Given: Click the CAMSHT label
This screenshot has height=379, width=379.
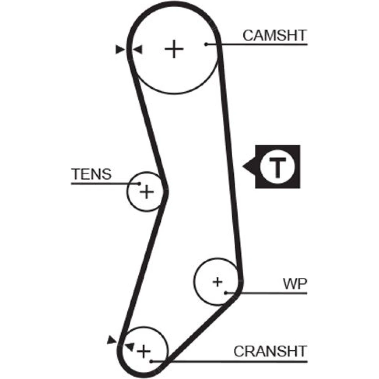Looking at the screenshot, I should (x=274, y=35).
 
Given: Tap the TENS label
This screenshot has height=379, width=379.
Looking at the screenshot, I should (x=92, y=174).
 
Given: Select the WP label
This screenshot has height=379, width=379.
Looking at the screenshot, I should (x=294, y=283).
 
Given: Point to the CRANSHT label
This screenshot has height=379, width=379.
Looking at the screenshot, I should (x=269, y=351).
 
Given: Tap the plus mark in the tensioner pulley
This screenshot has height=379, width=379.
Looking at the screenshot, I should (x=146, y=192).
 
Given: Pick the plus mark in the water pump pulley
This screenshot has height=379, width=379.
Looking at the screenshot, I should (x=217, y=282).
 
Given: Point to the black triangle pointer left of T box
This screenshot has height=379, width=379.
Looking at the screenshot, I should (x=248, y=166).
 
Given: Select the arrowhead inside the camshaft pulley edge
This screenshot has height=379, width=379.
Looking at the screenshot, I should (x=138, y=49).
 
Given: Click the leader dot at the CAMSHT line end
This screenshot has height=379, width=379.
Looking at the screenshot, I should (x=207, y=44).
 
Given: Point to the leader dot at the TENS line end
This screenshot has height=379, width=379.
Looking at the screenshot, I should (x=139, y=184).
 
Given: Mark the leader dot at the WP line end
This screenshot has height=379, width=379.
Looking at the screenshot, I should (x=226, y=293).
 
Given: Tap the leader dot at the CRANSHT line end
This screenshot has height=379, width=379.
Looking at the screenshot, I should (x=151, y=361).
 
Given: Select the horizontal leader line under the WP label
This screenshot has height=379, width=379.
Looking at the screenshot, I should (x=273, y=293).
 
